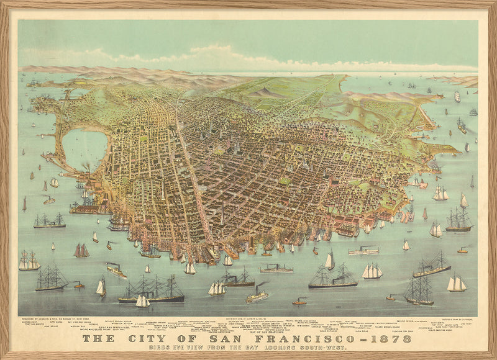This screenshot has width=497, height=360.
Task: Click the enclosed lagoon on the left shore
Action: (x=84, y=149)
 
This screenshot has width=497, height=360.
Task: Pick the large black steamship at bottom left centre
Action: (x=152, y=292)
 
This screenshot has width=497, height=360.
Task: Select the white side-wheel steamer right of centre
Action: (x=363, y=251)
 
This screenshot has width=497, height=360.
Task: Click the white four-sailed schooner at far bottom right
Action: (x=457, y=284)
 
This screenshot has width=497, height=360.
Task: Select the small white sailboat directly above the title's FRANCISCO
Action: (x=329, y=261)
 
